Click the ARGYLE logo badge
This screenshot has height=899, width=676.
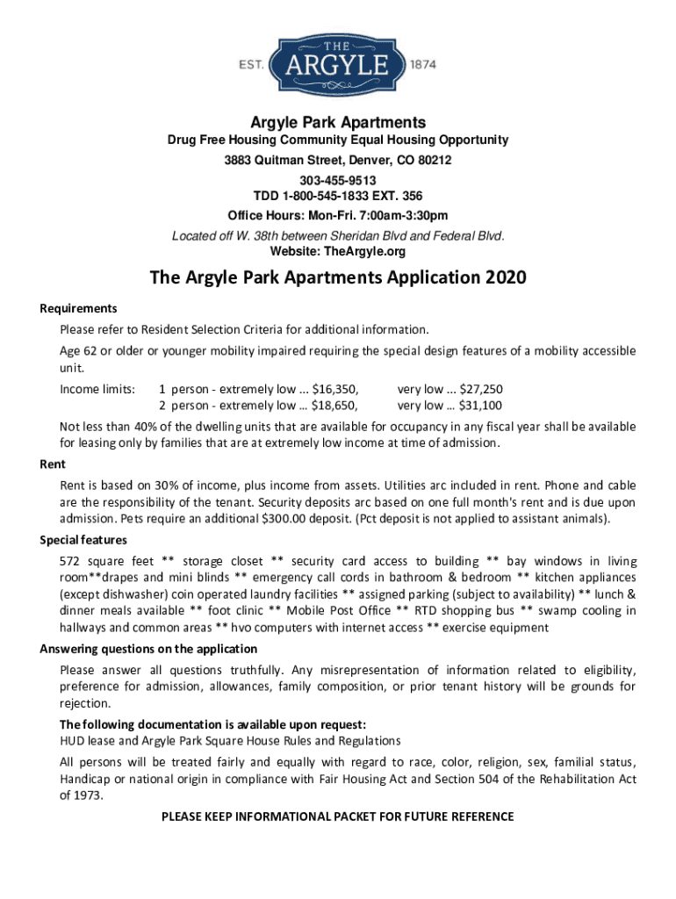point(338,64)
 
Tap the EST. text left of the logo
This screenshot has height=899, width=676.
point(252,65)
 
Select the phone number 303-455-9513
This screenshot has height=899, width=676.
point(338,180)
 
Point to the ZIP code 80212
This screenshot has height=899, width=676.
point(432,161)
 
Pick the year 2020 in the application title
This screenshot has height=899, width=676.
point(504,279)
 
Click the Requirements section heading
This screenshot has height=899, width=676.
point(79,308)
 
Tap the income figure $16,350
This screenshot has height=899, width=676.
point(336,389)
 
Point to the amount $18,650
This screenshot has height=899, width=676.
point(336,405)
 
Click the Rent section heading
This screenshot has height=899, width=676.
point(53,464)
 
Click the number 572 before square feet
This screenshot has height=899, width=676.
point(71,561)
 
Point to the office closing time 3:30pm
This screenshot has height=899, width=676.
point(425,215)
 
